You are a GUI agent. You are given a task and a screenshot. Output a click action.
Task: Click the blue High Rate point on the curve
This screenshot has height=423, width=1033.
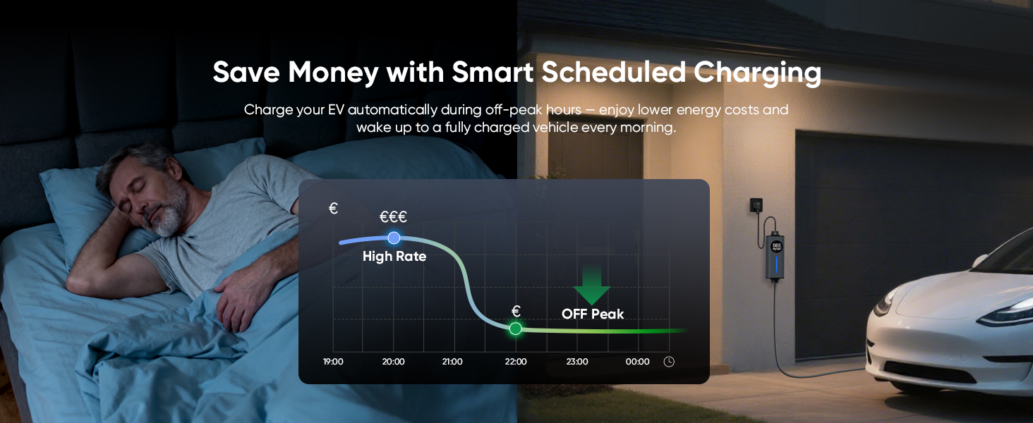click(394, 238)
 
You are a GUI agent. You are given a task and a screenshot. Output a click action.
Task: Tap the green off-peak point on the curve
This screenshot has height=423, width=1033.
click(516, 329)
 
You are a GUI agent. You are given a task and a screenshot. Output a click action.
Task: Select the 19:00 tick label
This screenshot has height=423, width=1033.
click(333, 362)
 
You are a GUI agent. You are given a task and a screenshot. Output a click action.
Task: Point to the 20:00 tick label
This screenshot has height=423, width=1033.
click(393, 362)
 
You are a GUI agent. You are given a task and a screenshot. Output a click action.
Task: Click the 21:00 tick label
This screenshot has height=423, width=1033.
click(452, 362)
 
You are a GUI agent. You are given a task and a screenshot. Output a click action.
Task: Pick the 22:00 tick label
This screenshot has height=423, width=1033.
click(516, 362)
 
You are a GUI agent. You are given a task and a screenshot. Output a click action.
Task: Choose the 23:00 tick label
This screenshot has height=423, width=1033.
click(577, 362)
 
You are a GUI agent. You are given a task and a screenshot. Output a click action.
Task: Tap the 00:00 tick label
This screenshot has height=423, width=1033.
click(637, 362)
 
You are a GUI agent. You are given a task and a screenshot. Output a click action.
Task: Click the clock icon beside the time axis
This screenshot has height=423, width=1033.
click(669, 362)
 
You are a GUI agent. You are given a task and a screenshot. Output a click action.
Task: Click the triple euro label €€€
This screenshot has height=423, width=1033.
click(393, 216)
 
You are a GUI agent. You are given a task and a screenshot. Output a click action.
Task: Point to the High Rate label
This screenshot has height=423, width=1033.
click(394, 256)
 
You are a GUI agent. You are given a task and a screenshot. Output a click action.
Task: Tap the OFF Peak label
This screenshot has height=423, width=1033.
click(593, 314)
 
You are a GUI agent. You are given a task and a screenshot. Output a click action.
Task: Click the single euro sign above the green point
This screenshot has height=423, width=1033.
click(516, 312)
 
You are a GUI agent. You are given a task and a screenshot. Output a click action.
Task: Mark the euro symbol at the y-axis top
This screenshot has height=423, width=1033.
click(333, 209)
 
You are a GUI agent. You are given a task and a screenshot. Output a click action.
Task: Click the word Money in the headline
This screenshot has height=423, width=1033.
click(333, 73)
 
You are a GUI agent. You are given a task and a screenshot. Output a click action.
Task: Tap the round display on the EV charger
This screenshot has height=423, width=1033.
click(777, 247)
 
